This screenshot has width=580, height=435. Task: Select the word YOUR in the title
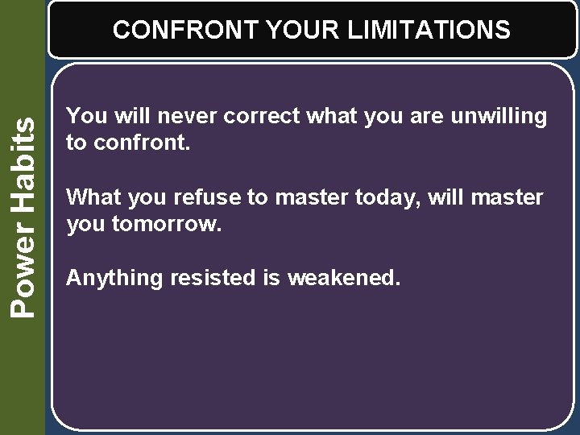(x=304, y=31)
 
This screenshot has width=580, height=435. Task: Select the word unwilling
(x=499, y=117)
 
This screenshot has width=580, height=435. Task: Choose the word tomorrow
(x=166, y=224)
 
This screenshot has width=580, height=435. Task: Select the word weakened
(x=344, y=279)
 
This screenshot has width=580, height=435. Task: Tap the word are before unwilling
(x=427, y=117)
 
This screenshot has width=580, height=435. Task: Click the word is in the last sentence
(x=271, y=279)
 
